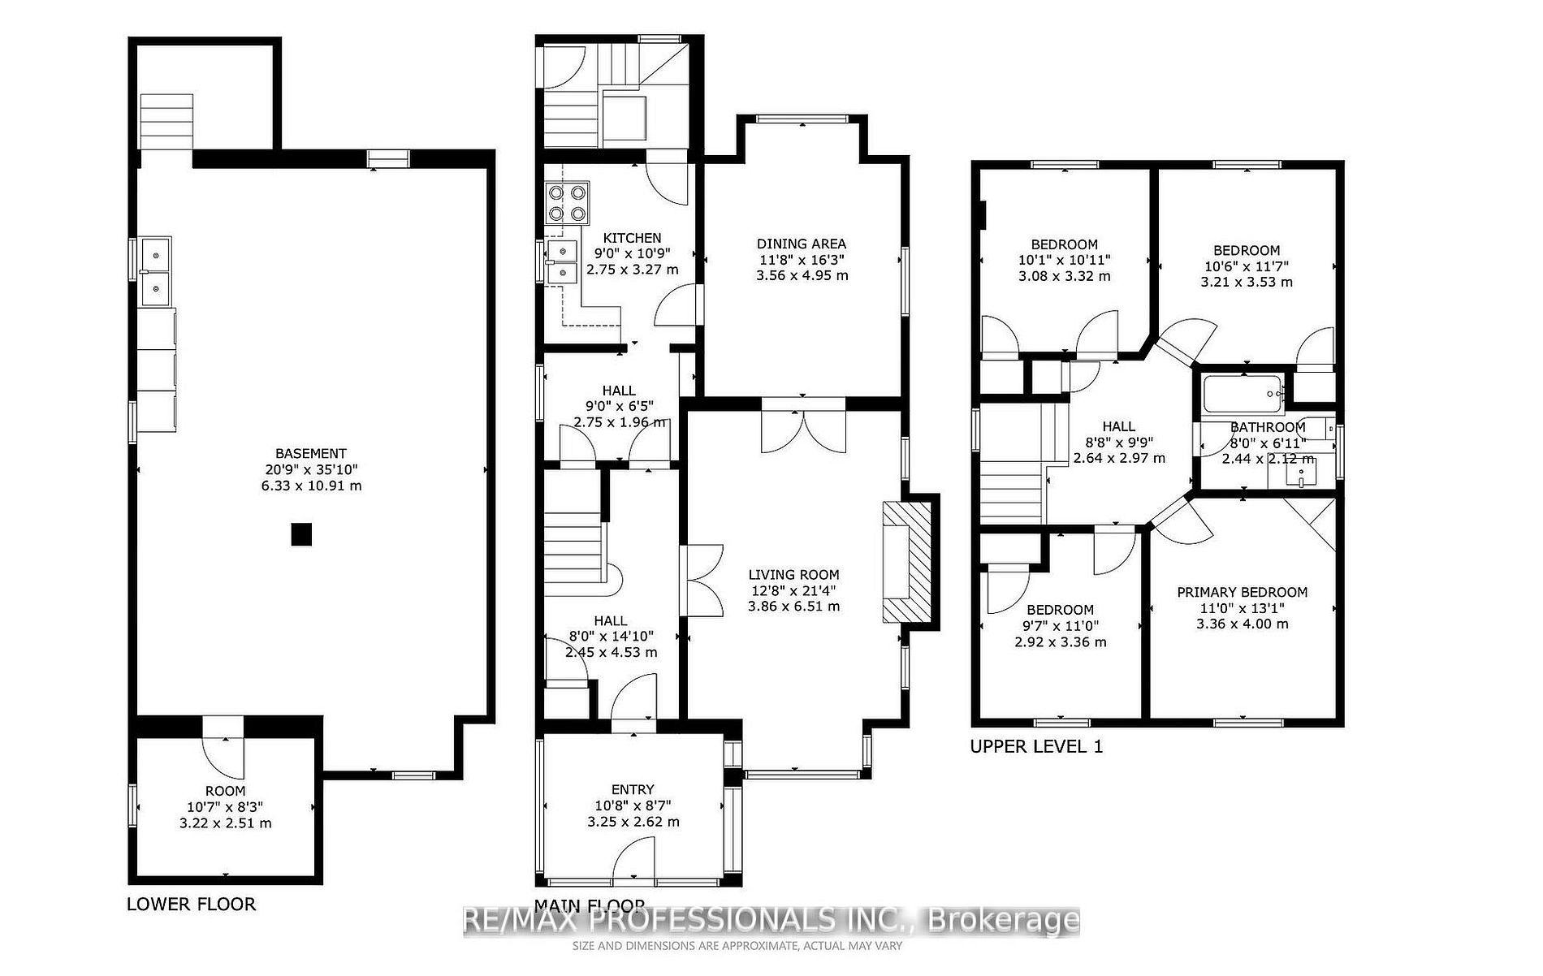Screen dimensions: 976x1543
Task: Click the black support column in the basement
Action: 301,534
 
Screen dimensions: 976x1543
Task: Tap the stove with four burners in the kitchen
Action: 566,204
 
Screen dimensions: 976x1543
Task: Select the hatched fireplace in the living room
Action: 907,561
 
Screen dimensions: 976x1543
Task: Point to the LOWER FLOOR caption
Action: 191,904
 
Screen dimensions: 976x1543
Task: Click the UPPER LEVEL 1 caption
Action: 1036,746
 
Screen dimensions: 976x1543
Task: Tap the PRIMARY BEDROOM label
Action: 1242,592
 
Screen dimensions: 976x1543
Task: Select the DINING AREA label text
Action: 801,244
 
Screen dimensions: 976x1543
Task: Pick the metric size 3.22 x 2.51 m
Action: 225,823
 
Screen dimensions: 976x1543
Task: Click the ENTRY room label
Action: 633,789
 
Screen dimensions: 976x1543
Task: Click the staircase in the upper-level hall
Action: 1010,492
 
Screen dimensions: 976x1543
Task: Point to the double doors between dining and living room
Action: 802,430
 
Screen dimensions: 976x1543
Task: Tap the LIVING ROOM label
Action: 793,574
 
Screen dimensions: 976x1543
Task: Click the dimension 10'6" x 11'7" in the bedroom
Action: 1246,266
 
